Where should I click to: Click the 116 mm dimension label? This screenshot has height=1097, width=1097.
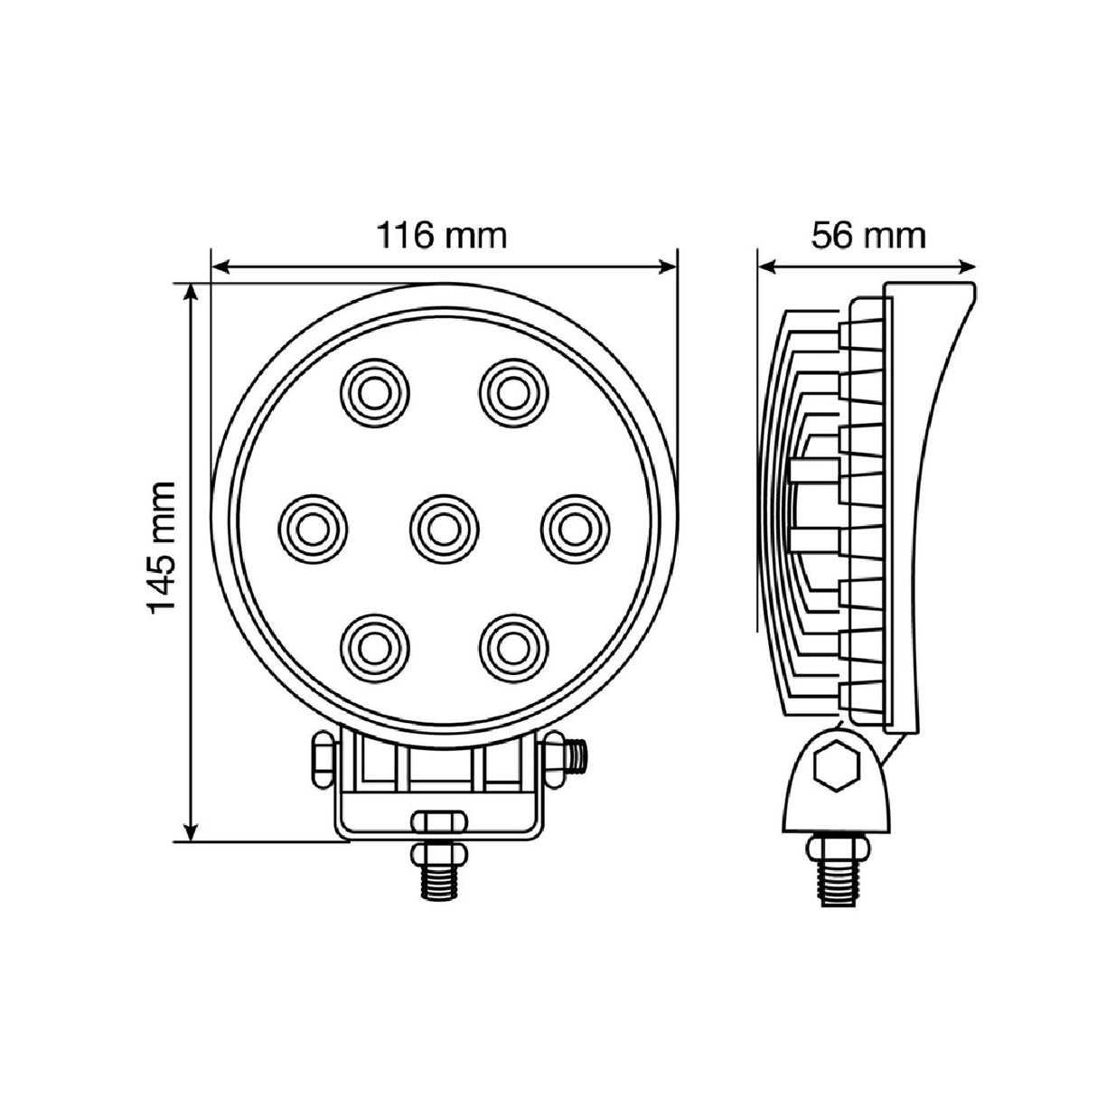pyautogui.click(x=442, y=235)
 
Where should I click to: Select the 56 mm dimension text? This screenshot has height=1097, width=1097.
pyautogui.click(x=867, y=235)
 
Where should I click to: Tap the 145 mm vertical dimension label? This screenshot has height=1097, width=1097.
pyautogui.click(x=162, y=548)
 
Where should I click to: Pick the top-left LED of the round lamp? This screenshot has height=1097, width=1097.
pyautogui.click(x=374, y=390)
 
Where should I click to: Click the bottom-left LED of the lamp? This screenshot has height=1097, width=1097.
pyautogui.click(x=374, y=647)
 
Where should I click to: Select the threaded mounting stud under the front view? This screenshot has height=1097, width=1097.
pyautogui.click(x=439, y=871)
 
